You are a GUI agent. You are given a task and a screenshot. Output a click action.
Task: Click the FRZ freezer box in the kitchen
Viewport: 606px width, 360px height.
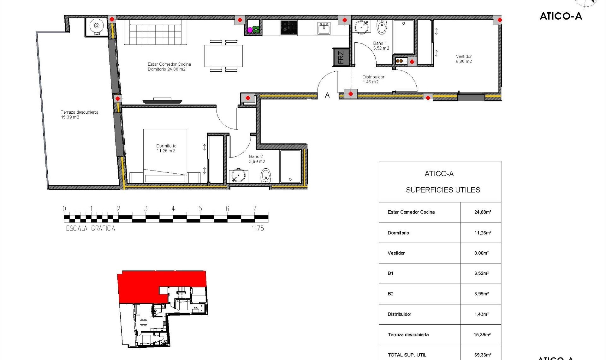click(341, 57)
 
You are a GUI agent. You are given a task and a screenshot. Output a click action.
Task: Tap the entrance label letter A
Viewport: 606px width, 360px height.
click(327, 95)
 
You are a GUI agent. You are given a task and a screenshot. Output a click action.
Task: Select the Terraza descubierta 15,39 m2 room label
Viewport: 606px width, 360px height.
click(79, 115)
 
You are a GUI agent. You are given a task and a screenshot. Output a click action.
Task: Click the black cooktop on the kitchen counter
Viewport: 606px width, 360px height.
click(289, 28)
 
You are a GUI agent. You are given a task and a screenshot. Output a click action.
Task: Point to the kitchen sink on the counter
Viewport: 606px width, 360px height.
click(324, 28)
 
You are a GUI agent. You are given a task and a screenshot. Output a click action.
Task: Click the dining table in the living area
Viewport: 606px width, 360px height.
click(223, 56)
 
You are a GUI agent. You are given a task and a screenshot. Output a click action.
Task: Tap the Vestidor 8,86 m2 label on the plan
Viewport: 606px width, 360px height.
click(464, 59)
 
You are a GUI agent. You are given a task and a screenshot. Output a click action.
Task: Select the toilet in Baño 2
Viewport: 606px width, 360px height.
click(266, 176)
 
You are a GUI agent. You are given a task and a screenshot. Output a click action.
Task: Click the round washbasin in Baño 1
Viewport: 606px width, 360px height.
click(362, 27)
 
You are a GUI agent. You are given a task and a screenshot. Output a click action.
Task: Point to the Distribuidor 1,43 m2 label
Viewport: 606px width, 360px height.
click(373, 79)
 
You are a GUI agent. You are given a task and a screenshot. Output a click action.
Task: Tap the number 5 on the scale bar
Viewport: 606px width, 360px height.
click(200, 209)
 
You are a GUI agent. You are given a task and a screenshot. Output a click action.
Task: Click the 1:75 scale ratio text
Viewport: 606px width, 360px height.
click(258, 228)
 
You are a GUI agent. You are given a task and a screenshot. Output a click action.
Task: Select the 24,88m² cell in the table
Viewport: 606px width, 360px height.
click(482, 212)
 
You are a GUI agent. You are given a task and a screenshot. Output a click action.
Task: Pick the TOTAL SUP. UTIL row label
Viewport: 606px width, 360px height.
click(407, 355)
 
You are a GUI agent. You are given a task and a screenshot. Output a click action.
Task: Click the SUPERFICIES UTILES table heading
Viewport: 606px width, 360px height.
click(443, 190)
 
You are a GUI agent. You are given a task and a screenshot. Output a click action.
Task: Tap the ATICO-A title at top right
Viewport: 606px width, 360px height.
click(561, 16)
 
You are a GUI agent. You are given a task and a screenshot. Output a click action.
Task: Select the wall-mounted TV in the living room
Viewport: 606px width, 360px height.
click(162, 101)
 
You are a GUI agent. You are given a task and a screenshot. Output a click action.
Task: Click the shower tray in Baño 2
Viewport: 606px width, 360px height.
click(290, 166)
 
